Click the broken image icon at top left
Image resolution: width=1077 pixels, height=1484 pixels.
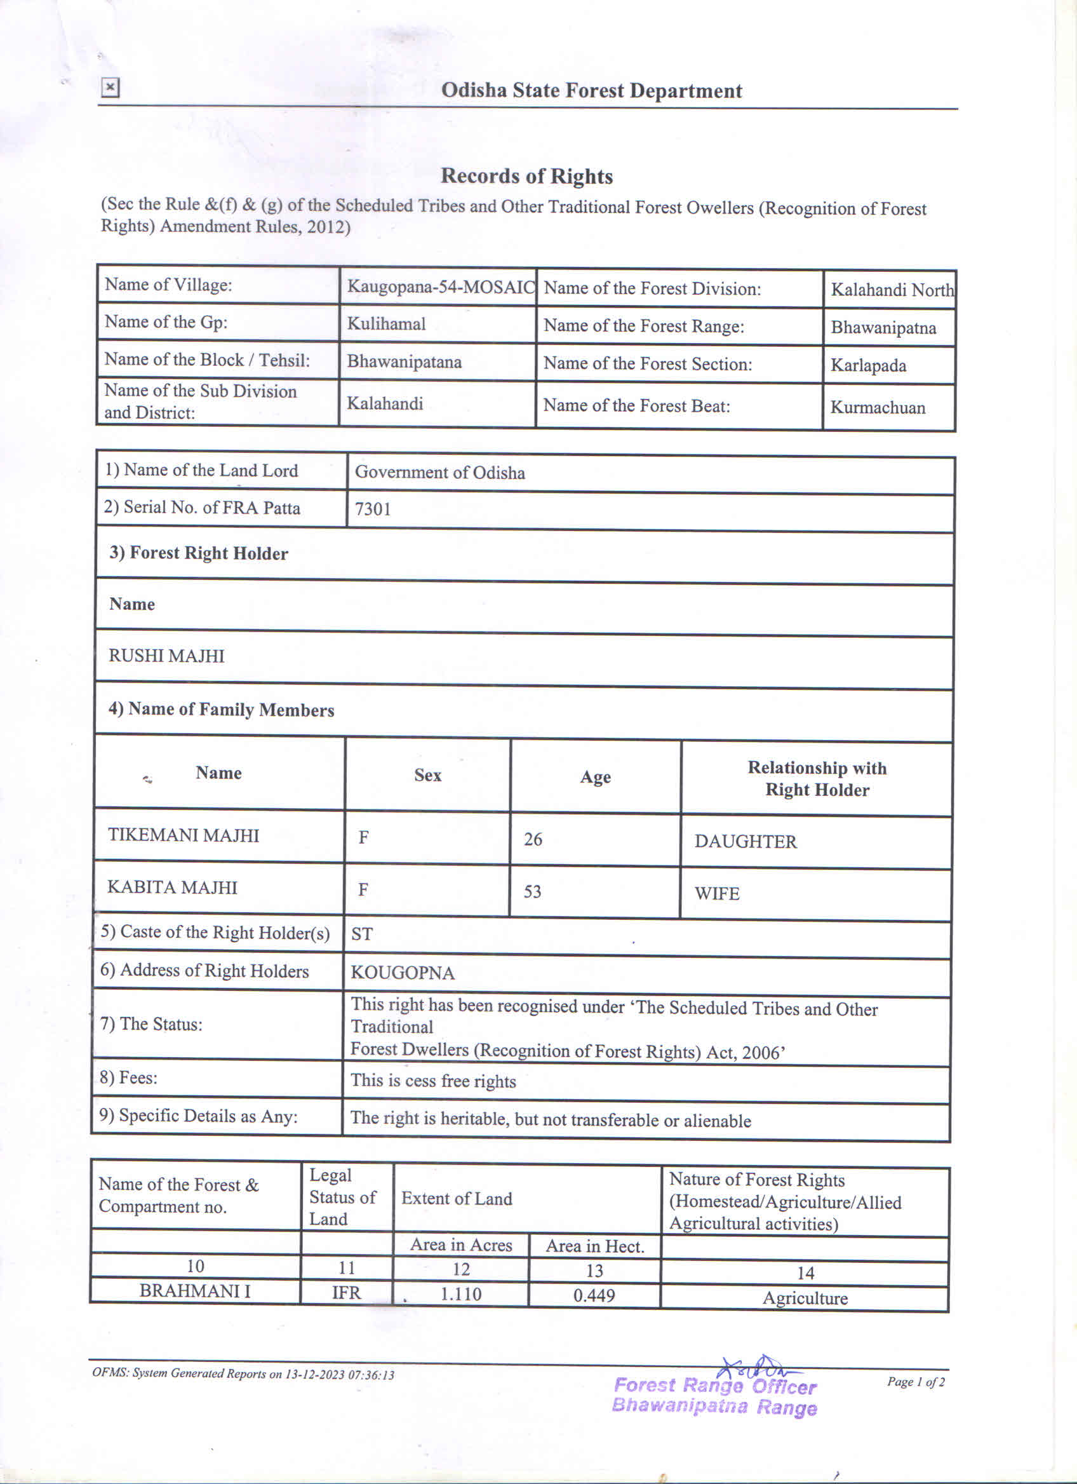[x=110, y=87]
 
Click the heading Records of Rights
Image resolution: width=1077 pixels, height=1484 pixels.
[x=526, y=176]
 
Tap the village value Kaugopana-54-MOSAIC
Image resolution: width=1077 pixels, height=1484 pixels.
[x=440, y=287]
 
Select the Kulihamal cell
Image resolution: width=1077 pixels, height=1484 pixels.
[x=386, y=324]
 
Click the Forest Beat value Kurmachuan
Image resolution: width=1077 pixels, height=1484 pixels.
[x=878, y=408]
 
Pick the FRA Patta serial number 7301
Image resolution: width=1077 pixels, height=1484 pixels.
[x=373, y=509]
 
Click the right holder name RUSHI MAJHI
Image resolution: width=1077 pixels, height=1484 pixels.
[x=166, y=656]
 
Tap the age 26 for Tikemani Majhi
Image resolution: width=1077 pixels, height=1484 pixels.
[x=532, y=839]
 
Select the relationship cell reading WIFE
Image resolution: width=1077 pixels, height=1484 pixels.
[x=717, y=894]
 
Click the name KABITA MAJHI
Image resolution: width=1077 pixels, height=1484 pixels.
[x=172, y=887]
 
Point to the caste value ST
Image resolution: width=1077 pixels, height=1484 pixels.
[x=361, y=934]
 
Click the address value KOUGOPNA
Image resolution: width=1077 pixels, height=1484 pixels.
[x=402, y=973]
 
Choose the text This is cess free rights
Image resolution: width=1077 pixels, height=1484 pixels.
[x=433, y=1081]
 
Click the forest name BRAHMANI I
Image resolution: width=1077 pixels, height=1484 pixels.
[x=194, y=1291]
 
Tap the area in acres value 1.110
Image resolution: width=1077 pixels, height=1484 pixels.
[x=460, y=1294]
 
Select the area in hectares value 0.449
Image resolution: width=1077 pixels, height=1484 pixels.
[x=594, y=1295]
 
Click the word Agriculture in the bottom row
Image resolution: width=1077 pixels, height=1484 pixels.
[x=805, y=1298]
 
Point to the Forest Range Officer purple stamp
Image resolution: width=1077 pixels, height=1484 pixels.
[x=715, y=1396]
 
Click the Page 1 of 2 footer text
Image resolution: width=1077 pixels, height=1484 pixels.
[x=916, y=1381]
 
